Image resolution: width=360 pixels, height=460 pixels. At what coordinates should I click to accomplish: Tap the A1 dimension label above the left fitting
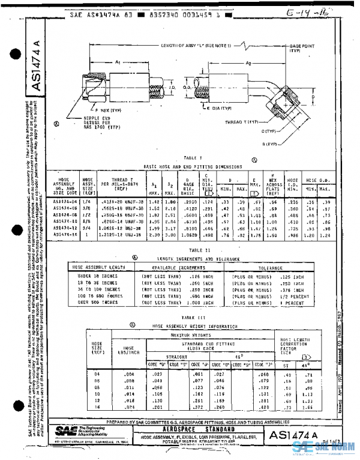tap(118, 62)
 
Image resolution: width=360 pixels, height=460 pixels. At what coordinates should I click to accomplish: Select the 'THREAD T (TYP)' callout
tap(241, 122)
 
